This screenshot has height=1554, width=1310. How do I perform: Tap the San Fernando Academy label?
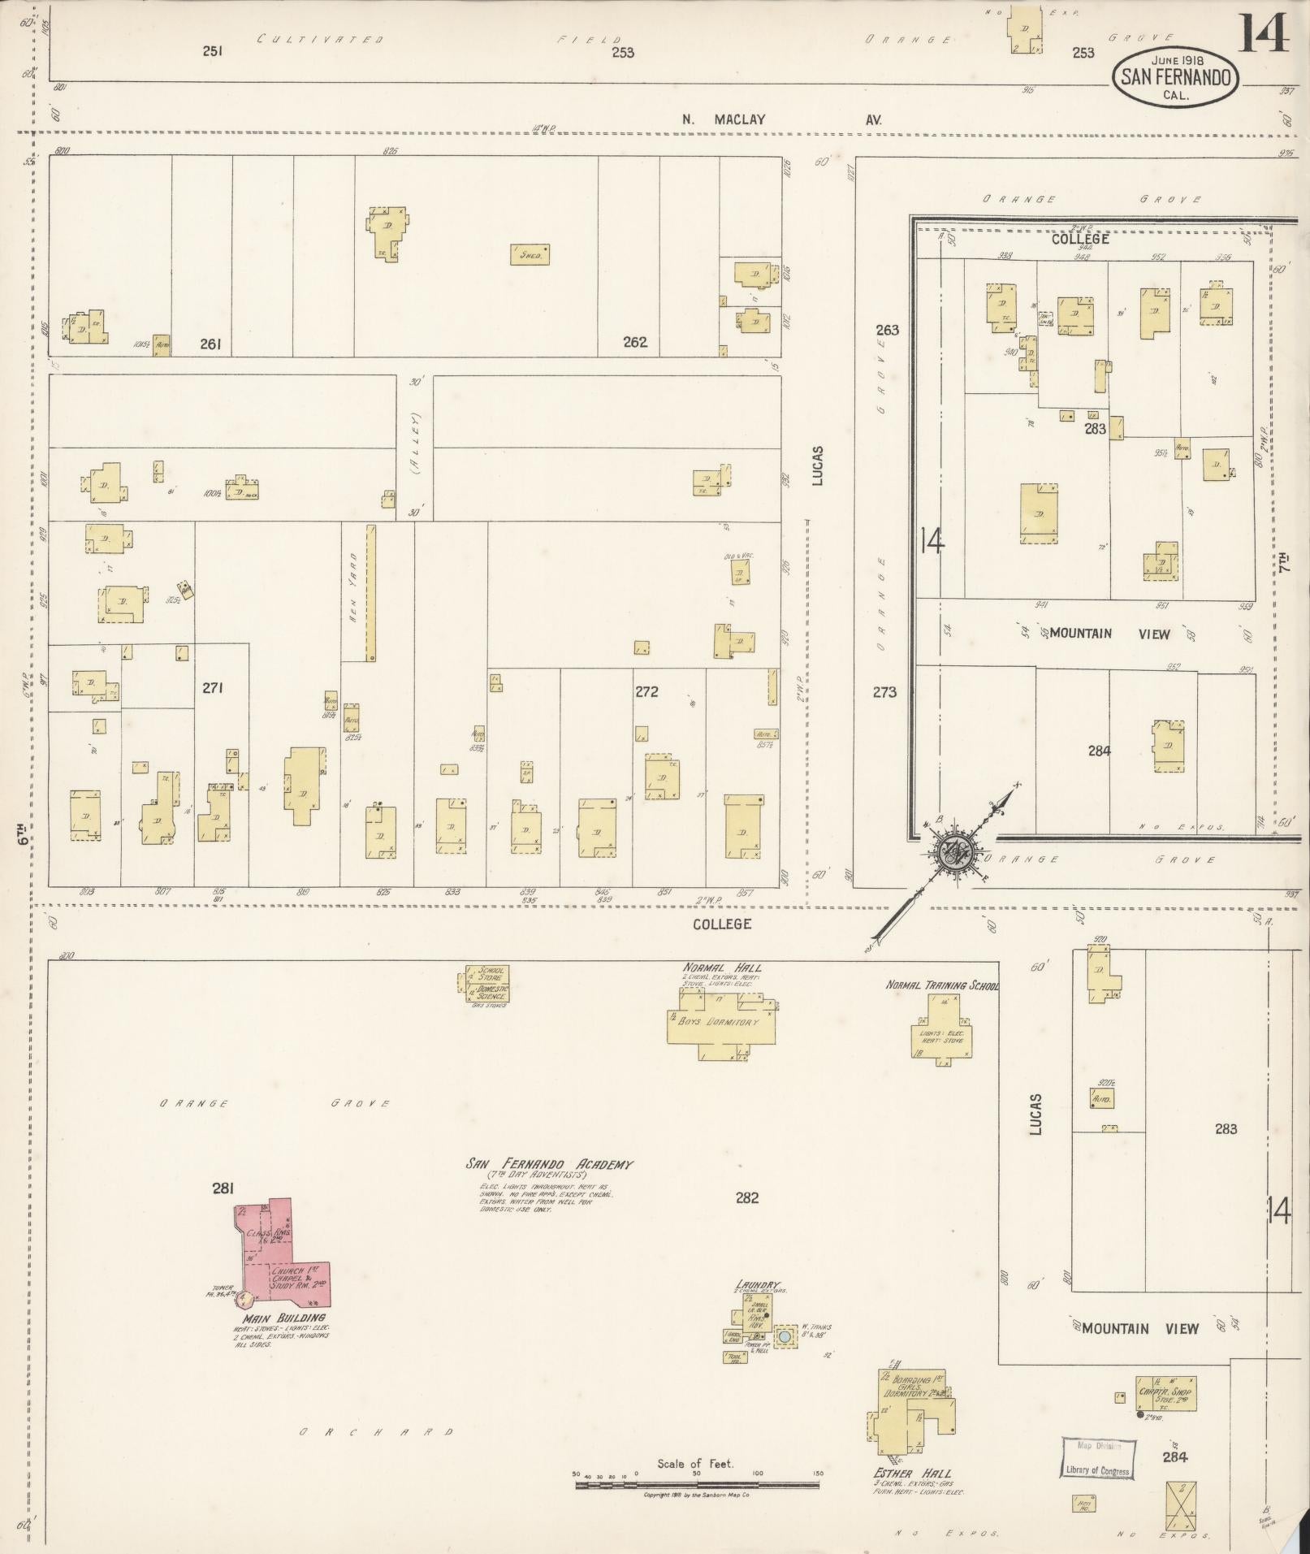tap(548, 1164)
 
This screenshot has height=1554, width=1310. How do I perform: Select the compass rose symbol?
tap(949, 852)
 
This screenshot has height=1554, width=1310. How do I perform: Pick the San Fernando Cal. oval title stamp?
tap(1176, 78)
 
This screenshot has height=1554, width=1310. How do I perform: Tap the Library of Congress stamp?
tap(1096, 1458)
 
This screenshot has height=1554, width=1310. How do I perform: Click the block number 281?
tap(223, 1188)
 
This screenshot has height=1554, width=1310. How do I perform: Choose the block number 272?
tap(646, 692)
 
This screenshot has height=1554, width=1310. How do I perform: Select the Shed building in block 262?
tap(530, 254)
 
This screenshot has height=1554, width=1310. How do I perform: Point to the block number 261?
tap(211, 344)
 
